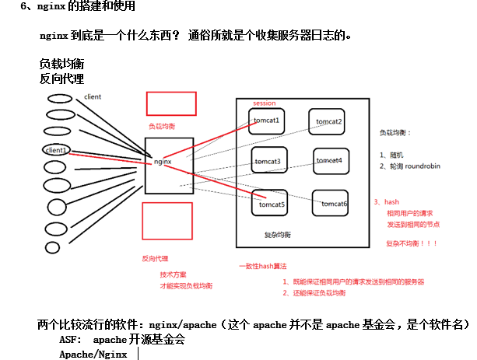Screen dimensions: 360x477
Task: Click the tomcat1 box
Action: [268, 120]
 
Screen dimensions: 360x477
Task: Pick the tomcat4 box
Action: [332, 160]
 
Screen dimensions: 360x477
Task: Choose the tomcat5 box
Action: [270, 204]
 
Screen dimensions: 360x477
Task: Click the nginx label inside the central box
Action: [163, 162]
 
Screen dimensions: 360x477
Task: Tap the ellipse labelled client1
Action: [57, 149]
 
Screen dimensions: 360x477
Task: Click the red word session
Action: [264, 103]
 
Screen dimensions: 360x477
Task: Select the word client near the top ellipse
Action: [93, 97]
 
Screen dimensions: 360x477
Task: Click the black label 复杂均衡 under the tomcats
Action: [278, 234]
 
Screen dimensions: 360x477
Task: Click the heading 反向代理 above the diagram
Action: [61, 79]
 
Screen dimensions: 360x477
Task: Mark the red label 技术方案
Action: [173, 274]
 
